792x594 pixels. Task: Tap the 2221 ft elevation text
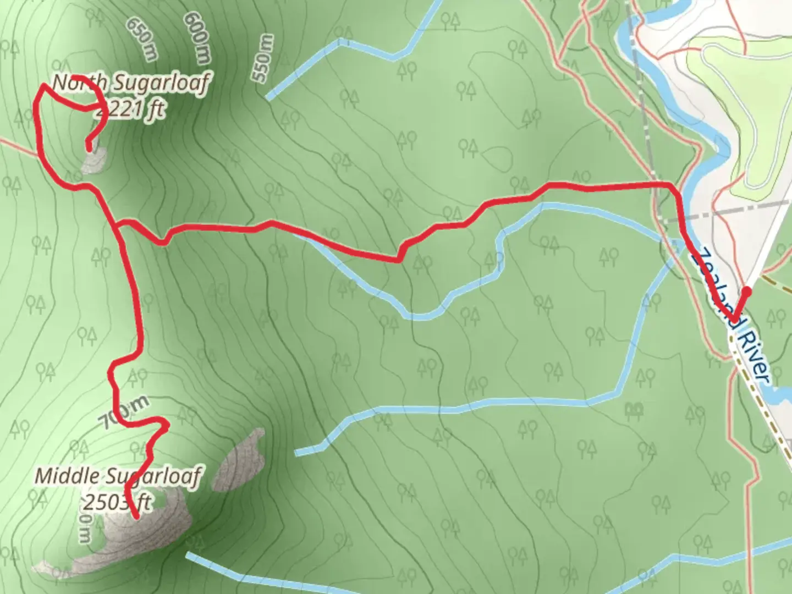[130, 110]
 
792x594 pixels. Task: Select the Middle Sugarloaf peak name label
[118, 476]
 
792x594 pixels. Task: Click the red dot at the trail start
[747, 290]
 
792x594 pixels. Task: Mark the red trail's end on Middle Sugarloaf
[135, 516]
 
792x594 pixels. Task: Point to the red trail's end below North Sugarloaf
[89, 147]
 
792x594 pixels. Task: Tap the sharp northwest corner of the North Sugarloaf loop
[43, 86]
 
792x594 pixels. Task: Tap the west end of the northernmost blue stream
[268, 98]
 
